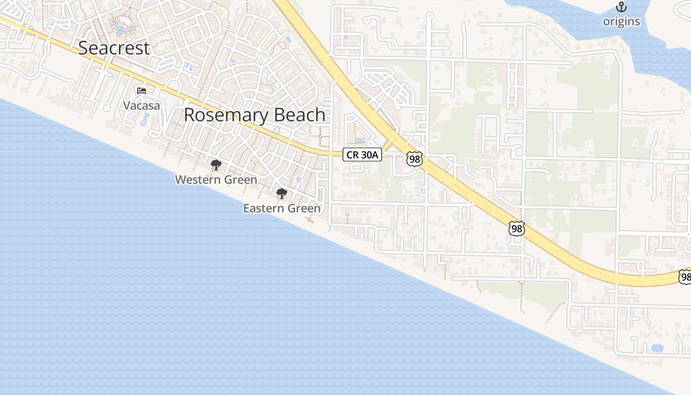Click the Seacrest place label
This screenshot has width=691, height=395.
[x=114, y=48]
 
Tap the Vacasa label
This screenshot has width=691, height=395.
[x=142, y=106]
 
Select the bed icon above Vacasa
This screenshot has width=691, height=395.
[x=142, y=91]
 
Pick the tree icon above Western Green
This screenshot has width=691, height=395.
[x=216, y=165]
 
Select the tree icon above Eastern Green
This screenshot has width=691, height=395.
[x=281, y=194]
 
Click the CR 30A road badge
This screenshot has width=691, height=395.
[x=362, y=155]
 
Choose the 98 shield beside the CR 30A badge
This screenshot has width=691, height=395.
[x=415, y=158]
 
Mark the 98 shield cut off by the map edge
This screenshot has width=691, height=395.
[x=685, y=277]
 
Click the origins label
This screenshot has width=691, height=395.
[x=621, y=21]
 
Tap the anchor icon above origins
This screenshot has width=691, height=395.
[x=621, y=7]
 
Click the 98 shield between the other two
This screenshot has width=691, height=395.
[x=516, y=229]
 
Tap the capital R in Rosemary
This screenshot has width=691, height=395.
[x=190, y=115]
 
